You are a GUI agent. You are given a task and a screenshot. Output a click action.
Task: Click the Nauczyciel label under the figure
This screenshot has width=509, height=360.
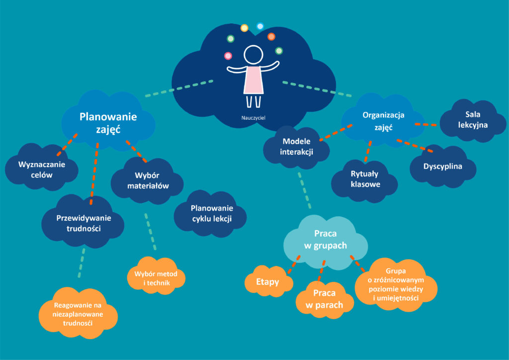point(254,119)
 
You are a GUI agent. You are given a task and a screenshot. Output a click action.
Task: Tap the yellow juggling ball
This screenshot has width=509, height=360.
point(244,28)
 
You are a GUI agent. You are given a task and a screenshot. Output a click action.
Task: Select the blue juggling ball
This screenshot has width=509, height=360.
point(259,25)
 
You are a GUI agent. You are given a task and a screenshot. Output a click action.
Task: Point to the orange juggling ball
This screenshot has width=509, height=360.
point(271,36)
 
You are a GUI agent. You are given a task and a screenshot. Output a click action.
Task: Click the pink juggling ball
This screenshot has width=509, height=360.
point(228,56)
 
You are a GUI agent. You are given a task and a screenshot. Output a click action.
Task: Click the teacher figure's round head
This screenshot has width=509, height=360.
point(253,55)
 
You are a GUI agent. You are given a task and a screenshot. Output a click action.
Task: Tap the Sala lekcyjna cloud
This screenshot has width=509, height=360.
point(473,120)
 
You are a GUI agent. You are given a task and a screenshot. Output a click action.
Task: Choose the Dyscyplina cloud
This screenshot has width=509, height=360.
point(442,166)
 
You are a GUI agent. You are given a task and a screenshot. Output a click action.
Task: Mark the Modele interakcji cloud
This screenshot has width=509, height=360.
point(296,147)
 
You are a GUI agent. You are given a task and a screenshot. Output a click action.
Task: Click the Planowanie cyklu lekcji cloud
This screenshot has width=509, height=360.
point(211,214)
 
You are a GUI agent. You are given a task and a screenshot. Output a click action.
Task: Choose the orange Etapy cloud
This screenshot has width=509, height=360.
point(267,282)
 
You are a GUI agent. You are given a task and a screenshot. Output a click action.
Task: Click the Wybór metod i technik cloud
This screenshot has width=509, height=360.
point(156,279)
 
